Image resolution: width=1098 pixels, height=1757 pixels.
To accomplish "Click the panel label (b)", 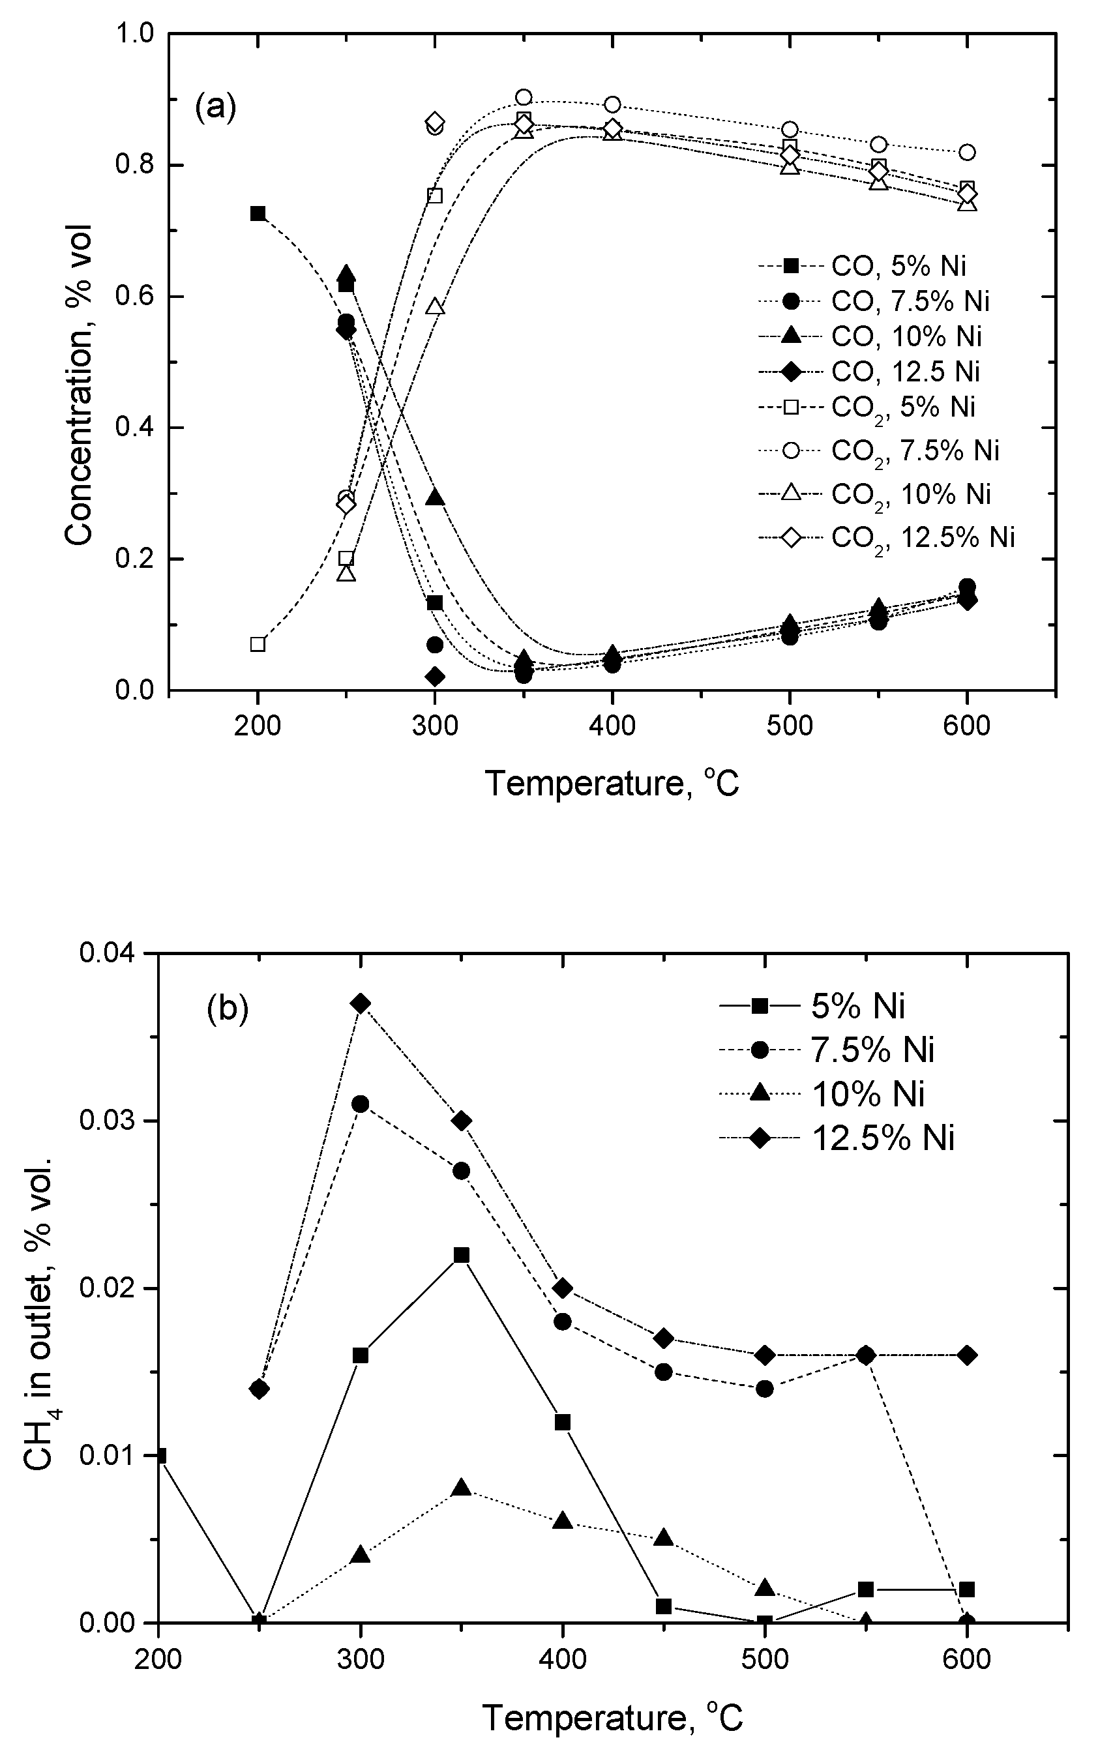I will [228, 1009].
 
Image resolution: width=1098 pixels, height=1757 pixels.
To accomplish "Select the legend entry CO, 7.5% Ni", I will [910, 301].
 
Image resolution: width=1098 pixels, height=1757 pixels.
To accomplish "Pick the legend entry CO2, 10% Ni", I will [911, 494].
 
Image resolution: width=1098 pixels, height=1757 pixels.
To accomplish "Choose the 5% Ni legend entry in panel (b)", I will [857, 1007].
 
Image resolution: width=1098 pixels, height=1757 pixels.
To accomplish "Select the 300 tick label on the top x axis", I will [434, 726].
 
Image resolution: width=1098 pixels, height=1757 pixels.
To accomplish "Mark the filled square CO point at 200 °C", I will [258, 213].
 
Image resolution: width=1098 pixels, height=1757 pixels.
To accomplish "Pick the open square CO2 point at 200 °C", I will [258, 644].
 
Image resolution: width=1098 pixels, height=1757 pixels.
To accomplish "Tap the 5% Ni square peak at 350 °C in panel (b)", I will [461, 1255].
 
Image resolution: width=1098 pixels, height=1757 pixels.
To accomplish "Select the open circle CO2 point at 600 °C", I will [966, 153].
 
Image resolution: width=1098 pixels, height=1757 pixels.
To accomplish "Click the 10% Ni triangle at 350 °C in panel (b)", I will [461, 1488].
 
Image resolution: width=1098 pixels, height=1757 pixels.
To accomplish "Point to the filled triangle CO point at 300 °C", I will [434, 497].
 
